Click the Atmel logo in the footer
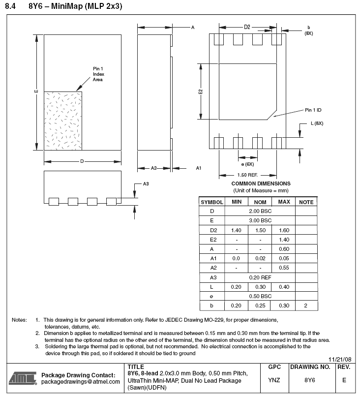[x=22, y=378]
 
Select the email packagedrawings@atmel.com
[x=81, y=382]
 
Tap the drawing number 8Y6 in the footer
[x=309, y=380]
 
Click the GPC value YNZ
[x=274, y=380]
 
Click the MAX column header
[x=284, y=202]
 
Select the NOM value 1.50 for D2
[x=260, y=230]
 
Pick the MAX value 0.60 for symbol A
[x=284, y=248]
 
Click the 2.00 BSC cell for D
[x=260, y=211]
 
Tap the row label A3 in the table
[x=212, y=277]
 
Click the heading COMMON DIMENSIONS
[x=261, y=183]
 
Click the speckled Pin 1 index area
[x=63, y=121]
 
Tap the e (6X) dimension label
[x=247, y=164]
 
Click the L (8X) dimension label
[x=317, y=123]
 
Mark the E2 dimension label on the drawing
[x=201, y=92]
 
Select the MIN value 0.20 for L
[x=236, y=287]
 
